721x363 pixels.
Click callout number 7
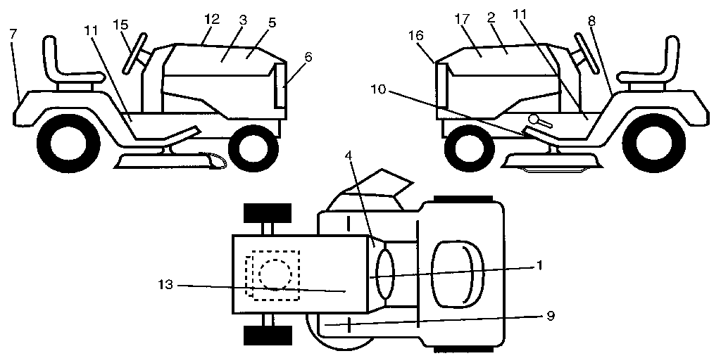pyautogui.click(x=13, y=34)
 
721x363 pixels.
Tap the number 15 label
pyautogui.click(x=122, y=25)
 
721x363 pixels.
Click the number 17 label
pyautogui.click(x=463, y=19)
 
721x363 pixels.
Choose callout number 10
pyautogui.click(x=378, y=89)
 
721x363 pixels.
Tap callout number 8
pyautogui.click(x=591, y=20)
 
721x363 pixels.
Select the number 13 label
pyautogui.click(x=165, y=285)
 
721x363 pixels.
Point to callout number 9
pyautogui.click(x=551, y=316)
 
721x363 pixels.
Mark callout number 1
pyautogui.click(x=539, y=265)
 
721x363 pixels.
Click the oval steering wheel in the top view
pyautogui.click(x=385, y=275)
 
